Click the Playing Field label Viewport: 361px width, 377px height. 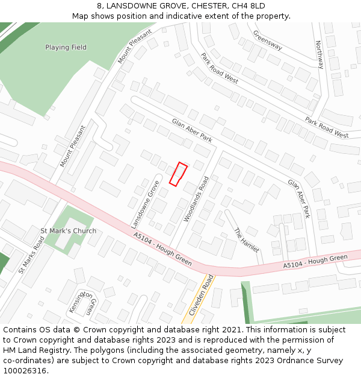(x=66, y=47)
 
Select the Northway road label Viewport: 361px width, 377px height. (x=319, y=55)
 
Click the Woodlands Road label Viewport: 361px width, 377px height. (x=197, y=198)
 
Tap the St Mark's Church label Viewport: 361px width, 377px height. (x=68, y=231)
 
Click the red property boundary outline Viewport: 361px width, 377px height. (x=178, y=174)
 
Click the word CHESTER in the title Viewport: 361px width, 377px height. (x=208, y=6)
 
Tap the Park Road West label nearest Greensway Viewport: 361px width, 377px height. (x=220, y=68)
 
